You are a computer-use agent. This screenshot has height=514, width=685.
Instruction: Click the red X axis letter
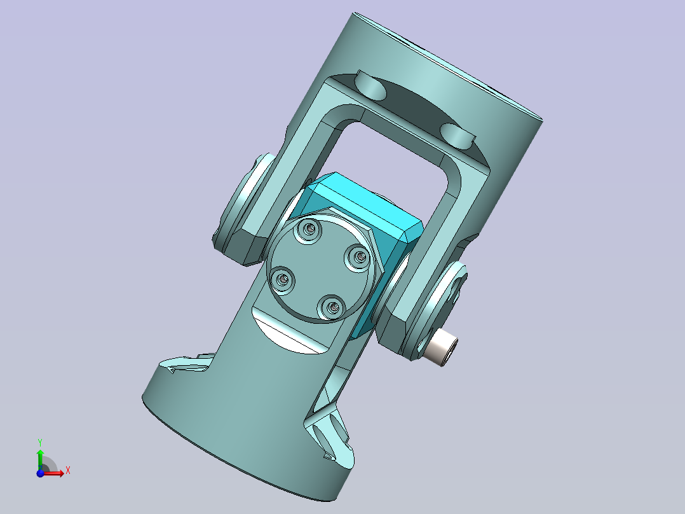click(x=68, y=471)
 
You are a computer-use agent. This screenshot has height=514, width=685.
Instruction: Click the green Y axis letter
click(x=40, y=443)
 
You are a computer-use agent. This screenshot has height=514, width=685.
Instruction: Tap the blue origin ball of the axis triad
click(x=40, y=473)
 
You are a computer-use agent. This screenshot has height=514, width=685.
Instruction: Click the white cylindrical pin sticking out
click(x=442, y=348)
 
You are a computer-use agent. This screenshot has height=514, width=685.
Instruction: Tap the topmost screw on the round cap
click(x=308, y=229)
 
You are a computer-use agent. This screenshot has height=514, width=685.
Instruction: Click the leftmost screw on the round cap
click(x=282, y=279)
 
